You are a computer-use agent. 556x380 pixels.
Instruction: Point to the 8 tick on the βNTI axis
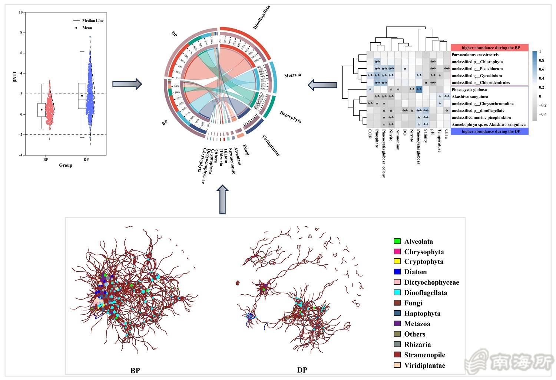[21, 33]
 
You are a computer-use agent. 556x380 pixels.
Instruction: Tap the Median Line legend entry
[93, 21]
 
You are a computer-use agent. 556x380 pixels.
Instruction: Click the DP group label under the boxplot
[86, 160]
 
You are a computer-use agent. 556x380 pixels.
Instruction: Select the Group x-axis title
[66, 165]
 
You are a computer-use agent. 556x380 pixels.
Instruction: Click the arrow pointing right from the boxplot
[127, 84]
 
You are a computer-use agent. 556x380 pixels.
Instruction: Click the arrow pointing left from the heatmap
[322, 85]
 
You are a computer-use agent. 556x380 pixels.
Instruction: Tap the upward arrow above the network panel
[222, 199]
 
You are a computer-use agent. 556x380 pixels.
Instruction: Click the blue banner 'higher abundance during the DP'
[490, 131]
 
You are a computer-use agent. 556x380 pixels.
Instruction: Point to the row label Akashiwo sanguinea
[470, 96]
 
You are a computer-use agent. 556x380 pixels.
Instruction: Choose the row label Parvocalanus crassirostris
[475, 55]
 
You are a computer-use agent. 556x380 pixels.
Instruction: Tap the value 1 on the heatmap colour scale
[540, 52]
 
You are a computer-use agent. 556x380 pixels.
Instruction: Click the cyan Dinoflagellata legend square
[397, 293]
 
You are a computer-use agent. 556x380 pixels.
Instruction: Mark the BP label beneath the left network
[135, 370]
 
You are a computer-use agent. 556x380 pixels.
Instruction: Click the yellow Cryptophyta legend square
[397, 262]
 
